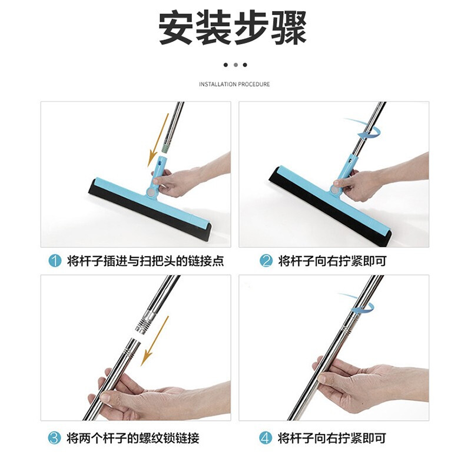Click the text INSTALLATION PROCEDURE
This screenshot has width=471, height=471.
234,84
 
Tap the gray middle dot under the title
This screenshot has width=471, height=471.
235,65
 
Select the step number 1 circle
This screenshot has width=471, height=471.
55,261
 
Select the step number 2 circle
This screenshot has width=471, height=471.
266,261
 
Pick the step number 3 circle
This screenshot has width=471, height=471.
55,438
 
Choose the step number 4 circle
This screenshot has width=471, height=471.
266,438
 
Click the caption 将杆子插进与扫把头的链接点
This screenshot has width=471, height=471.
145,261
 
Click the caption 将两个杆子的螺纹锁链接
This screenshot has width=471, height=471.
133,438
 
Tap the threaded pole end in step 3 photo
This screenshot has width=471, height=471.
144,322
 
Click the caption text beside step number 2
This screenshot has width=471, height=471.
332,261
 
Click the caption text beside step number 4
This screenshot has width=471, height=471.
332,438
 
